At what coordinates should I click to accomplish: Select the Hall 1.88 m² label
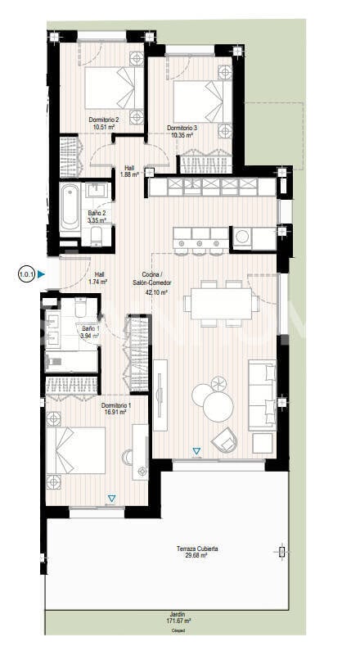click(128, 170)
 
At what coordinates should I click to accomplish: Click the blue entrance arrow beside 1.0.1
click(40, 275)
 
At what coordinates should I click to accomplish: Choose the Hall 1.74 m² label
click(99, 278)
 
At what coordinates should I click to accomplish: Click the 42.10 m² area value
click(155, 291)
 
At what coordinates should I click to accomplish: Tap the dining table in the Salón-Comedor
click(218, 303)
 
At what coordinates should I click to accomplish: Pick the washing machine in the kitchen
click(243, 237)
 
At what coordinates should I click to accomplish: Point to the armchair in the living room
click(223, 440)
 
